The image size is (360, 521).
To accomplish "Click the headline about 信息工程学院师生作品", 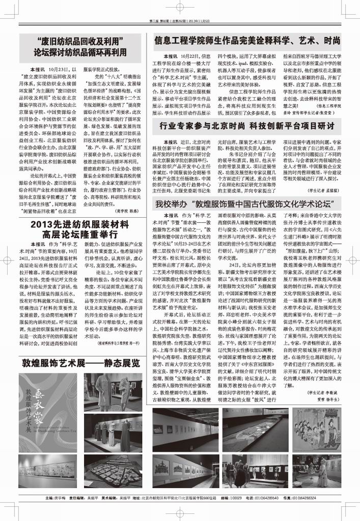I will pyautogui.click(x=247, y=40).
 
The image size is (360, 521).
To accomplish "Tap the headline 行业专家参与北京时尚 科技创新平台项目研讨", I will pyautogui.click(x=247, y=126).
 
